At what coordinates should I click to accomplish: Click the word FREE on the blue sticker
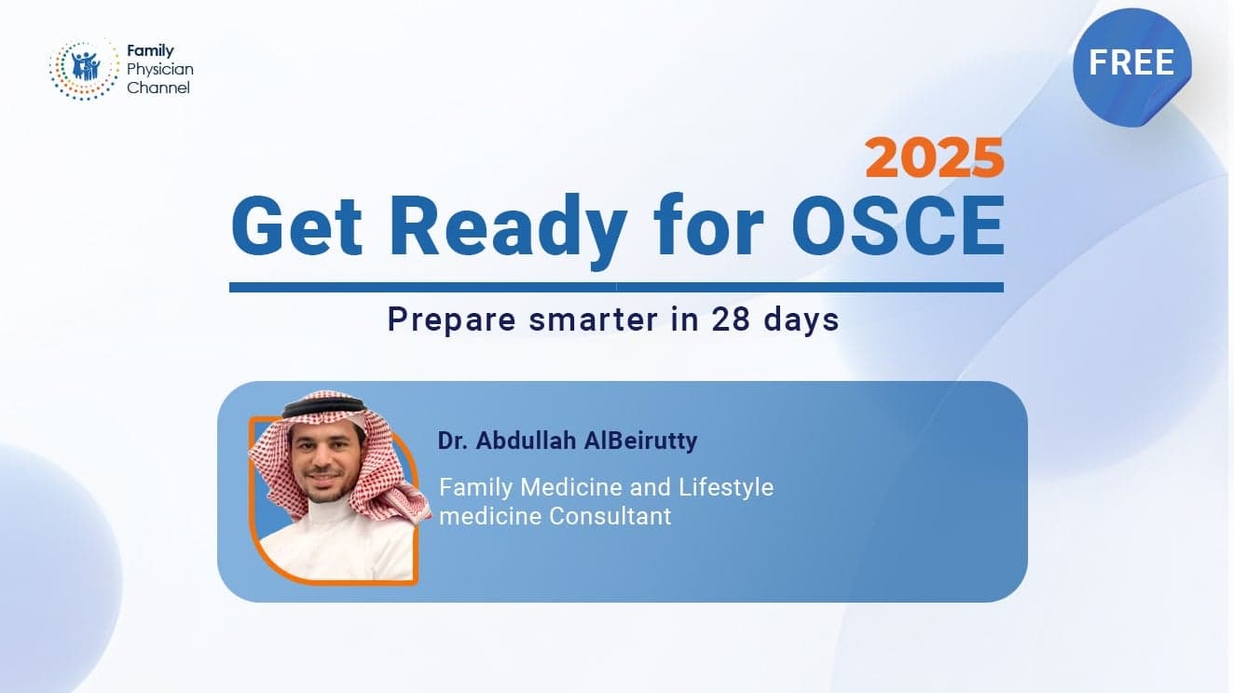pos(1131,62)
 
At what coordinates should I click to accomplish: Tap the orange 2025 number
pos(934,158)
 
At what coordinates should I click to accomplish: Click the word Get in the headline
pos(296,225)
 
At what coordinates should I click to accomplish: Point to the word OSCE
pos(898,225)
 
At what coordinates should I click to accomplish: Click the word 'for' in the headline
pos(708,224)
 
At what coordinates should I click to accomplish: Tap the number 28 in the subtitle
pos(731,319)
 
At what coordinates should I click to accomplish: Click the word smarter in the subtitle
pos(594,319)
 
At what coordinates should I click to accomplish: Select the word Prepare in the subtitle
pos(452,320)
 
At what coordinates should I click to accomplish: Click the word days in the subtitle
pos(801,320)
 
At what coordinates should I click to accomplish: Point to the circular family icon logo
pos(84,70)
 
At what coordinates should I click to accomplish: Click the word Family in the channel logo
pos(150,50)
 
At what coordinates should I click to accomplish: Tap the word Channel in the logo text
pos(158,88)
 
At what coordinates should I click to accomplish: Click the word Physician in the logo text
pos(159,69)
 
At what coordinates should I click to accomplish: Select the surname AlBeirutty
pos(640,441)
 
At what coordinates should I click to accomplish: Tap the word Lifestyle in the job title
pos(725,488)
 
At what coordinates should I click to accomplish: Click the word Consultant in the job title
pos(610,516)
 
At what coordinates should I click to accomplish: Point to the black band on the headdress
pos(324,404)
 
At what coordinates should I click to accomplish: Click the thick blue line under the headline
pos(616,287)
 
